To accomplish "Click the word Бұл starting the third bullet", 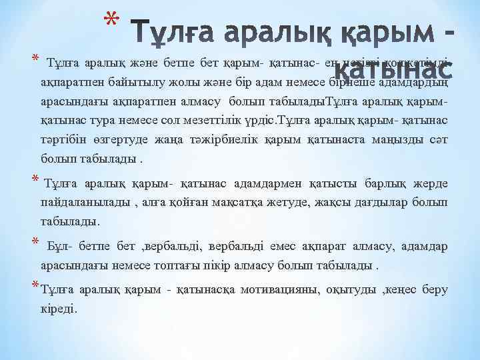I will [x=59, y=247].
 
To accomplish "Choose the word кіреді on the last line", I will [x=59, y=309].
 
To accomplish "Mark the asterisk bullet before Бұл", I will [x=35, y=241].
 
